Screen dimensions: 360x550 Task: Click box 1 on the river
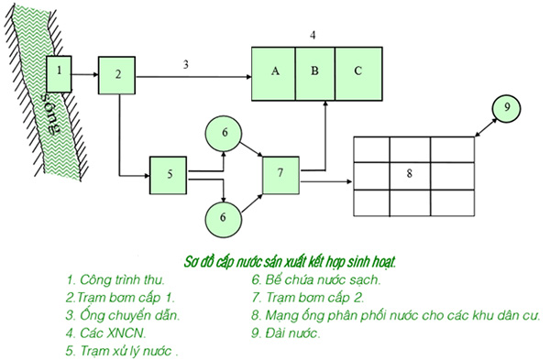click(60, 71)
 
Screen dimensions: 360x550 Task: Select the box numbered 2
click(117, 74)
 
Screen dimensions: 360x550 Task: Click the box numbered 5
click(170, 174)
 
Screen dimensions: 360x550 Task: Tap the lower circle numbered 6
click(224, 218)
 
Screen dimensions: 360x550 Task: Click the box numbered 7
click(280, 174)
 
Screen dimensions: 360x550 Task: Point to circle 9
click(506, 108)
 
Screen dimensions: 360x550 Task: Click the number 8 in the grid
click(409, 173)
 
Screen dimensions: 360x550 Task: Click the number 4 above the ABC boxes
click(313, 35)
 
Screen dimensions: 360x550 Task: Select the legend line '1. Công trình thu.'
click(116, 278)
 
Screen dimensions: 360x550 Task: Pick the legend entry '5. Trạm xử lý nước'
click(121, 351)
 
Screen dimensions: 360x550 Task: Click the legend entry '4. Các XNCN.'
click(104, 333)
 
